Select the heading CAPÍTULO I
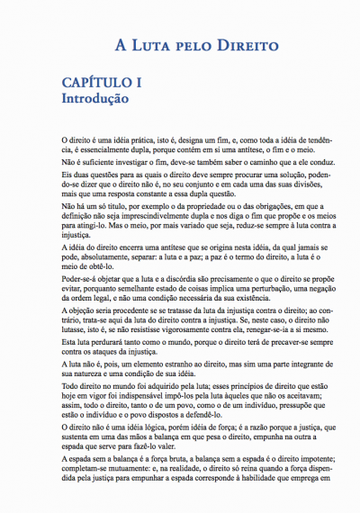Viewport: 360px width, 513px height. [x=102, y=84]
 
